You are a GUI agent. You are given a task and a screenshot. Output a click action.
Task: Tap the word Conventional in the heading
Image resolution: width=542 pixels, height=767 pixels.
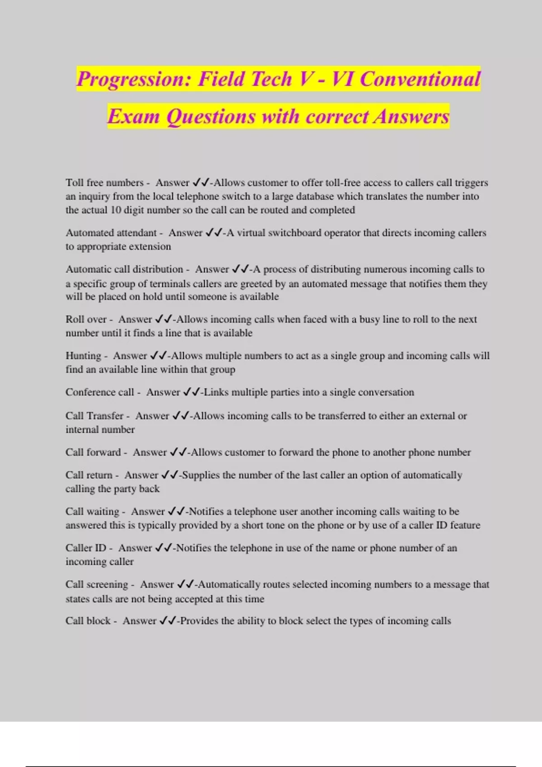[420, 79]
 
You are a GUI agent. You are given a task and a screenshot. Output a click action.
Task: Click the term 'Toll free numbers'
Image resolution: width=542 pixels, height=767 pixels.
[104, 183]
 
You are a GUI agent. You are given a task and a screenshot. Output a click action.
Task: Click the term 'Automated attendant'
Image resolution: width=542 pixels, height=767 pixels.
[111, 233]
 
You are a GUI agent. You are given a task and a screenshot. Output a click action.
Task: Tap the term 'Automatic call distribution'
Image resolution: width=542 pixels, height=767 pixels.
[124, 269]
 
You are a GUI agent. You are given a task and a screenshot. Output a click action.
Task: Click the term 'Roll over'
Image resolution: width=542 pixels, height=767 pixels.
[86, 319]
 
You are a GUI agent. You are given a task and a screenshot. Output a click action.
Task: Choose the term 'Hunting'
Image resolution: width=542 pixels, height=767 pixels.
[83, 356]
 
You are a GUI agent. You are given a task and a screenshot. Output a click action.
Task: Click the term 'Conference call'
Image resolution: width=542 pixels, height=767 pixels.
[100, 392]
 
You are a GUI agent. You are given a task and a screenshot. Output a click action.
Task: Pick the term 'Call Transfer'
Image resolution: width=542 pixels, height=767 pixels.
[94, 416]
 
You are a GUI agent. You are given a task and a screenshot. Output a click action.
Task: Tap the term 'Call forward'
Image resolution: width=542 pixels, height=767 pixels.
[93, 453]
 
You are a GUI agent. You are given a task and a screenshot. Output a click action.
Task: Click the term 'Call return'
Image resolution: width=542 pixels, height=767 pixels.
[89, 475]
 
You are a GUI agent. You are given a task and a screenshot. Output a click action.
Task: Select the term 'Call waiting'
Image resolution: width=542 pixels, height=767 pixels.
[92, 512]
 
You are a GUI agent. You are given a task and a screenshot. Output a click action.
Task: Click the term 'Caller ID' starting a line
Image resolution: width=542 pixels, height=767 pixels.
[86, 548]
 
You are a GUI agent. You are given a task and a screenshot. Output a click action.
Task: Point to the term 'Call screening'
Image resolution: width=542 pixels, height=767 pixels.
[97, 585]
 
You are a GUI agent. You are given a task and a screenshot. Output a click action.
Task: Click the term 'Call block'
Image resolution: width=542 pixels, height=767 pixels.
[88, 621]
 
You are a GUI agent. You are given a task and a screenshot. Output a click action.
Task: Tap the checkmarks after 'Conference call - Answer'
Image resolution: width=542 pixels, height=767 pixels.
[191, 393]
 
